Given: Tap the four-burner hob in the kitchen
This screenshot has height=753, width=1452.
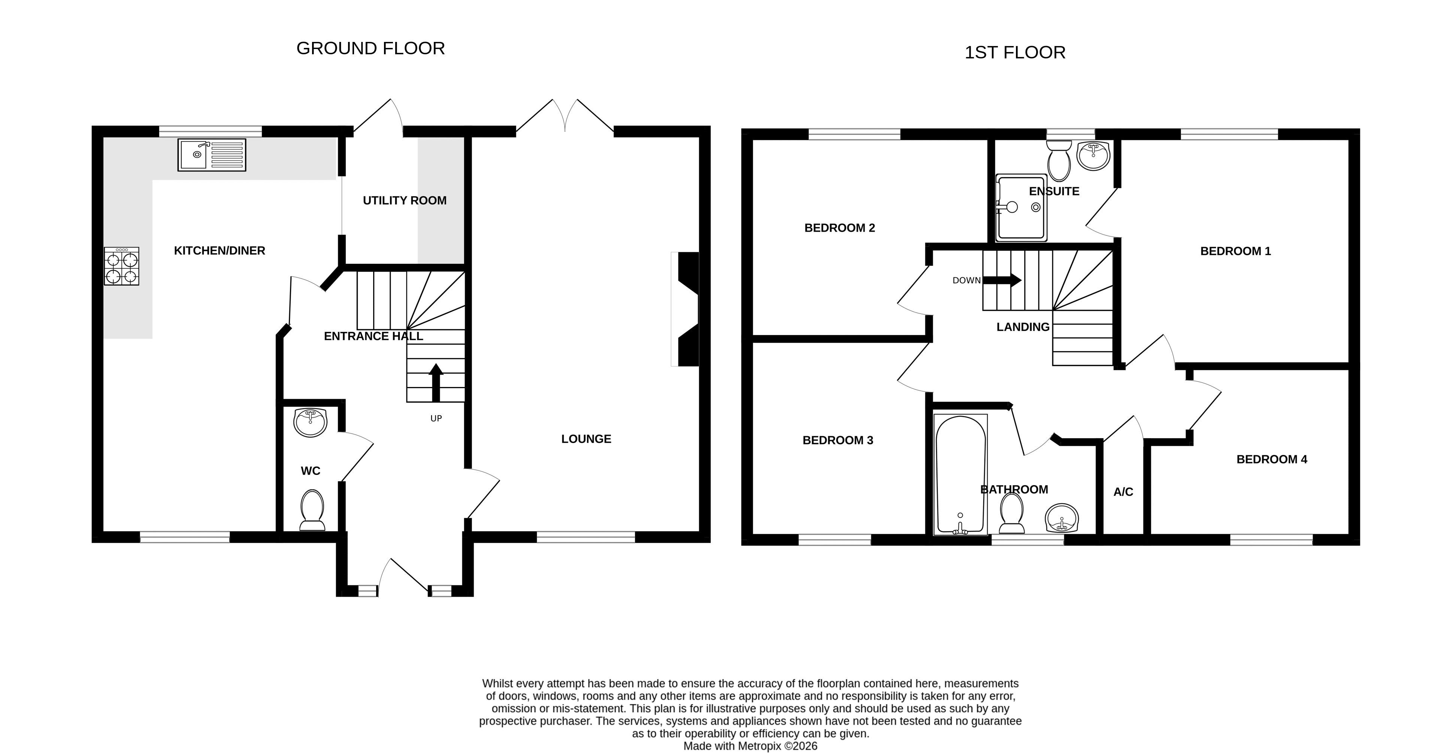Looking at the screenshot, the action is point(122,266).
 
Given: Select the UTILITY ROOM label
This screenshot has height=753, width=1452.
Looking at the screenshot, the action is point(405,201).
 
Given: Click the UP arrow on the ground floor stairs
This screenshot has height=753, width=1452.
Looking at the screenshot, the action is point(436,382).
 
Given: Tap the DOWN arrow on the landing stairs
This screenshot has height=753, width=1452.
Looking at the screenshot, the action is point(1002,280).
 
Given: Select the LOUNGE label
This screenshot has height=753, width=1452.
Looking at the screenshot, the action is point(586,439).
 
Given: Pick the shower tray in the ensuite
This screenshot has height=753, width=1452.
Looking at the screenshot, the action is point(1021,208).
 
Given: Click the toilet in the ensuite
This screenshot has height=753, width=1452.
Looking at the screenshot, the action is point(1059,159).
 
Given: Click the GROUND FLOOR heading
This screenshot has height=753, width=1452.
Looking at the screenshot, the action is point(371,48).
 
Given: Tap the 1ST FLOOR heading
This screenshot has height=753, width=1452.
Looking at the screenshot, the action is point(1015,52).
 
